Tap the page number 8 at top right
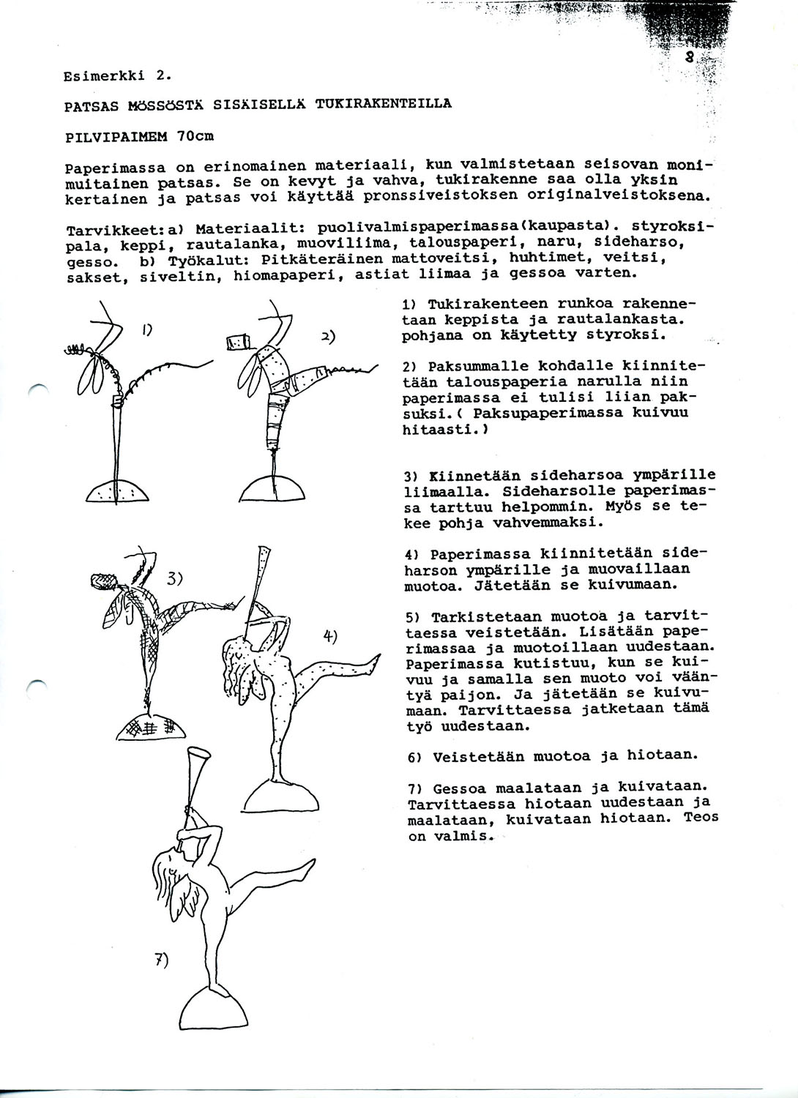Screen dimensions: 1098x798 tap(690, 59)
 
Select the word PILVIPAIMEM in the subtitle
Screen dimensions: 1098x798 tap(112, 136)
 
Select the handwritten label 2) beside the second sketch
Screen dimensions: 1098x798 tap(328, 337)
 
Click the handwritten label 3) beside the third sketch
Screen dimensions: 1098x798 tap(174, 578)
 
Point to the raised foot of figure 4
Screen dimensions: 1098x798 tap(374, 662)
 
